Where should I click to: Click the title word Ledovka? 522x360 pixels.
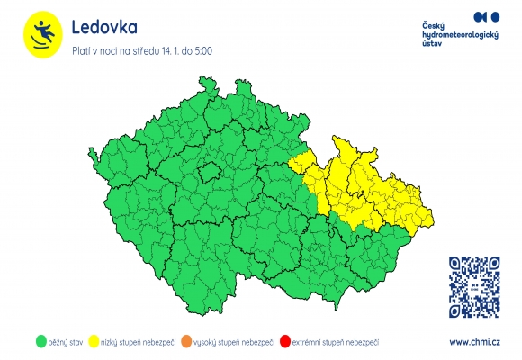click(104, 28)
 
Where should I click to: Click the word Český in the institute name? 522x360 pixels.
click(434, 24)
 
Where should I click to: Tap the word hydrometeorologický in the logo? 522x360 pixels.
click(460, 34)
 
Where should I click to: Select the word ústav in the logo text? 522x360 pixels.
click(432, 44)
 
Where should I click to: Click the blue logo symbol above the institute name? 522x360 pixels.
click(486, 16)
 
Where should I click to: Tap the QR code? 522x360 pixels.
click(474, 286)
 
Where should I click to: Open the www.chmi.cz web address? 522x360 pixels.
click(474, 342)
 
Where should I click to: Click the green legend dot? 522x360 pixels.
click(40, 342)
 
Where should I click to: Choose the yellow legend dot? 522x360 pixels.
click(104, 342)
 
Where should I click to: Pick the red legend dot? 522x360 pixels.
click(285, 342)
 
